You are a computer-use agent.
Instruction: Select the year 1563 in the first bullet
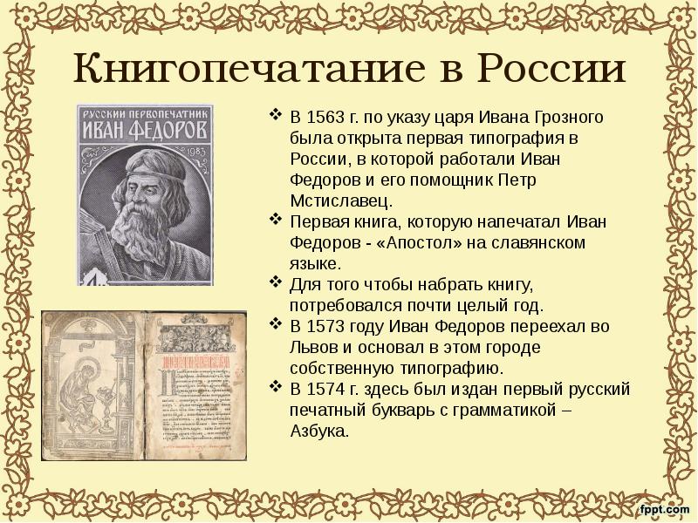(x=323, y=118)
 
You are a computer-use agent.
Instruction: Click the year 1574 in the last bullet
(x=323, y=390)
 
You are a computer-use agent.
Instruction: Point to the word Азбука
(x=319, y=431)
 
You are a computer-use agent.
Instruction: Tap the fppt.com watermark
(x=661, y=508)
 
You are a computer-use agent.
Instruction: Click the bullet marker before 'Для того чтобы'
(x=276, y=285)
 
